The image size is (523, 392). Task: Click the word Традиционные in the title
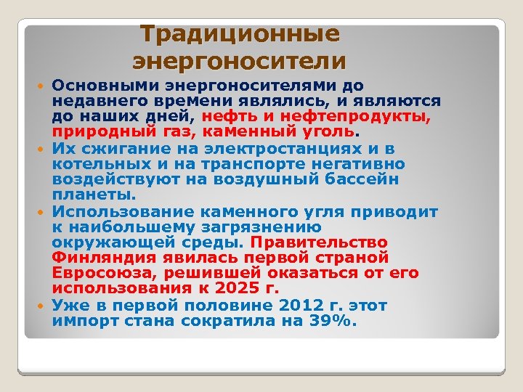pos(240,34)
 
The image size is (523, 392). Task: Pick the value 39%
pos(331,320)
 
